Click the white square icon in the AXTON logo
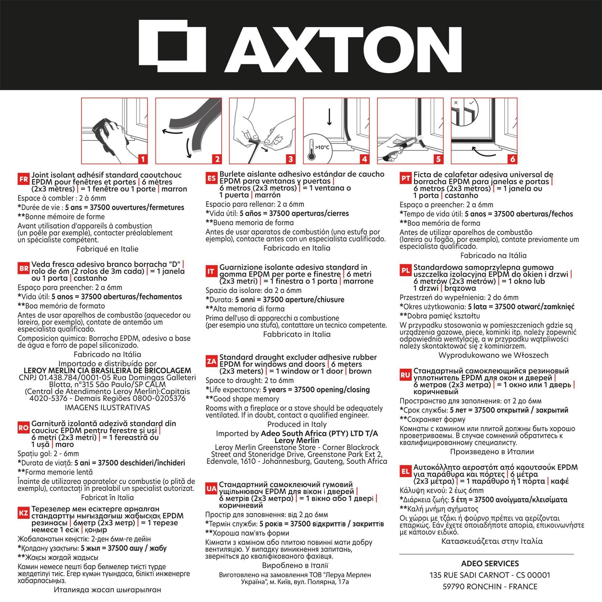[172, 46]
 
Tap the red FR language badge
[24, 180]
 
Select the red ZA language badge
[212, 362]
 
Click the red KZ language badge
[24, 513]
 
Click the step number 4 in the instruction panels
[364, 159]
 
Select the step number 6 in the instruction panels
[512, 159]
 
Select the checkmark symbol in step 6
[471, 103]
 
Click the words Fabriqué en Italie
[107, 249]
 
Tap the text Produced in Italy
[297, 425]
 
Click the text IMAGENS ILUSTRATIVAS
[107, 408]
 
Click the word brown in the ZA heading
[360, 371]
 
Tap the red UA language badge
[212, 489]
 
